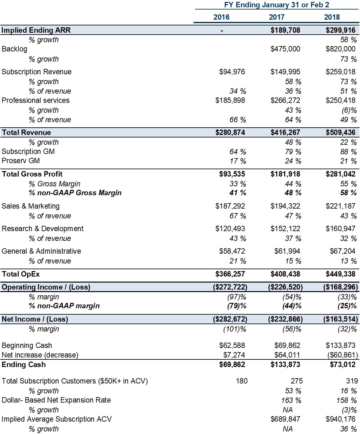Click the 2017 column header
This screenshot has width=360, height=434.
[x=277, y=17]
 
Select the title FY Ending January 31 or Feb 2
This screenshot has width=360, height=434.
[x=277, y=5]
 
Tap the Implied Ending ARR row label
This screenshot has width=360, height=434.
[x=36, y=30]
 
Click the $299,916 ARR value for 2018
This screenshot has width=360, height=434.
[x=340, y=30]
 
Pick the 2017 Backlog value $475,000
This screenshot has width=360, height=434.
[x=285, y=49]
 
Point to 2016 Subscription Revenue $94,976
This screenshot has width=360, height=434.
[x=232, y=72]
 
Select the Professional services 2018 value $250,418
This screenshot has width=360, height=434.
[x=340, y=100]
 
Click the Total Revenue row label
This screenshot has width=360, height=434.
[x=26, y=132]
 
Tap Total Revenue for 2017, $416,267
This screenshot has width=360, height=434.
[x=285, y=132]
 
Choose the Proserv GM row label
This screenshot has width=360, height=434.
[x=21, y=161]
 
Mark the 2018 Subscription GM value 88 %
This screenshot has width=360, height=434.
[x=348, y=152]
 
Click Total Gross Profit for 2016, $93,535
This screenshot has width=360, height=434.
[x=232, y=174]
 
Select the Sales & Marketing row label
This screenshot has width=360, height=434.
[x=30, y=206]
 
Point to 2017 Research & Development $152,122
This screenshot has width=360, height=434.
[x=285, y=229]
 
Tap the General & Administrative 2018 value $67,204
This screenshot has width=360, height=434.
[x=343, y=251]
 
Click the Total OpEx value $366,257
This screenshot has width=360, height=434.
[x=230, y=274]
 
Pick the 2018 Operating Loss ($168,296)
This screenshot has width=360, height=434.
[x=341, y=287]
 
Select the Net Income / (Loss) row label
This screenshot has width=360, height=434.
[x=35, y=319]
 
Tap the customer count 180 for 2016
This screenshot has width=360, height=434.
[x=242, y=381]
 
